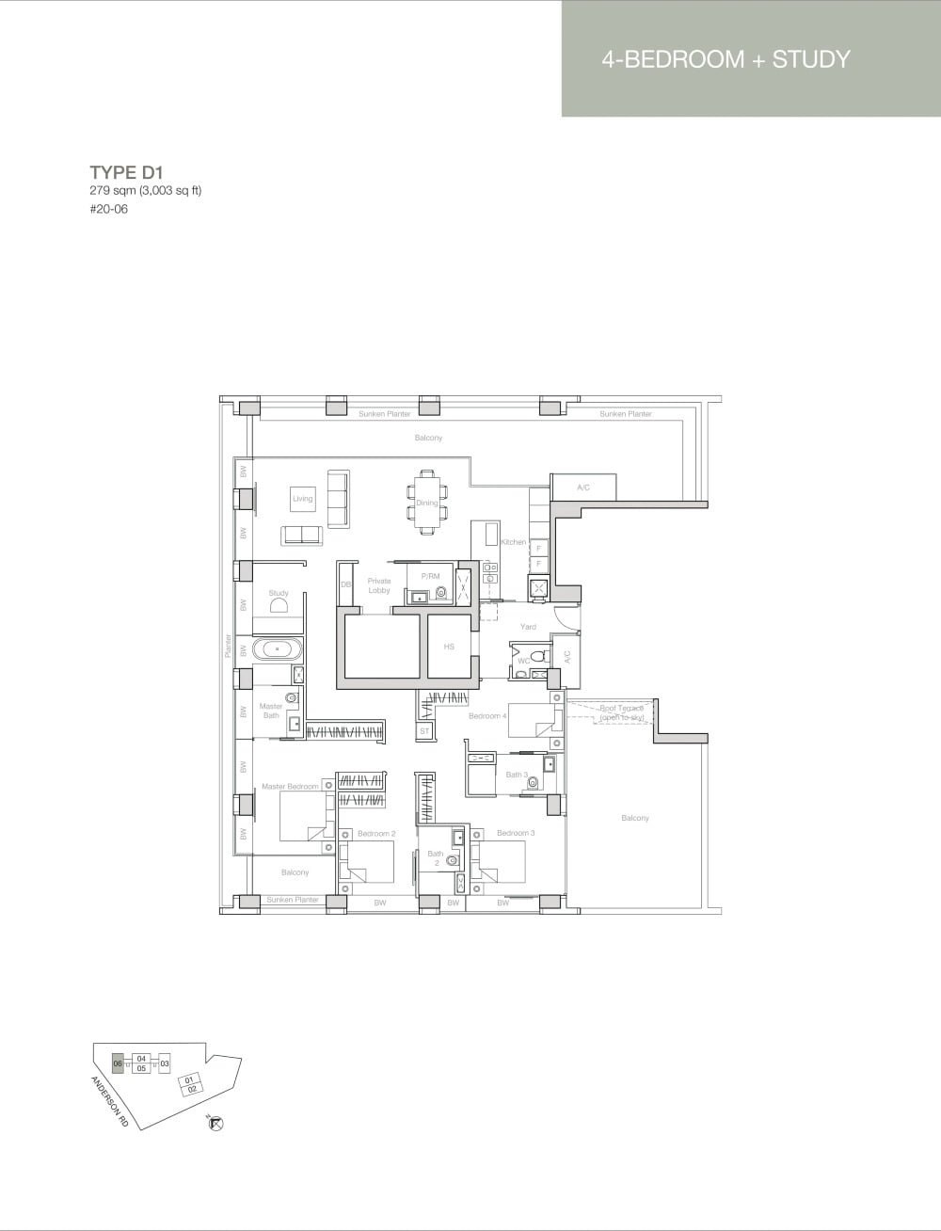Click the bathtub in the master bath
tap(279, 648)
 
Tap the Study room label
tap(279, 593)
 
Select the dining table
tap(427, 504)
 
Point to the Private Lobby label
tap(379, 585)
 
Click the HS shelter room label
tap(449, 647)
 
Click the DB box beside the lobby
tap(345, 585)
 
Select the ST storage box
tap(424, 730)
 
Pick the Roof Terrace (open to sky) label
tap(621, 712)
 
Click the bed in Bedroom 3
tap(499, 861)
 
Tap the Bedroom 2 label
tap(376, 834)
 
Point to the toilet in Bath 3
tap(534, 782)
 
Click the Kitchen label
tap(513, 542)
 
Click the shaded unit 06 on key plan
tap(118, 1063)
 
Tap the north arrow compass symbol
tap(215, 1123)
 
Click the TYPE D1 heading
tap(126, 171)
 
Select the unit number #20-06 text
tap(108, 209)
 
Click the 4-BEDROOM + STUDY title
tap(726, 59)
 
